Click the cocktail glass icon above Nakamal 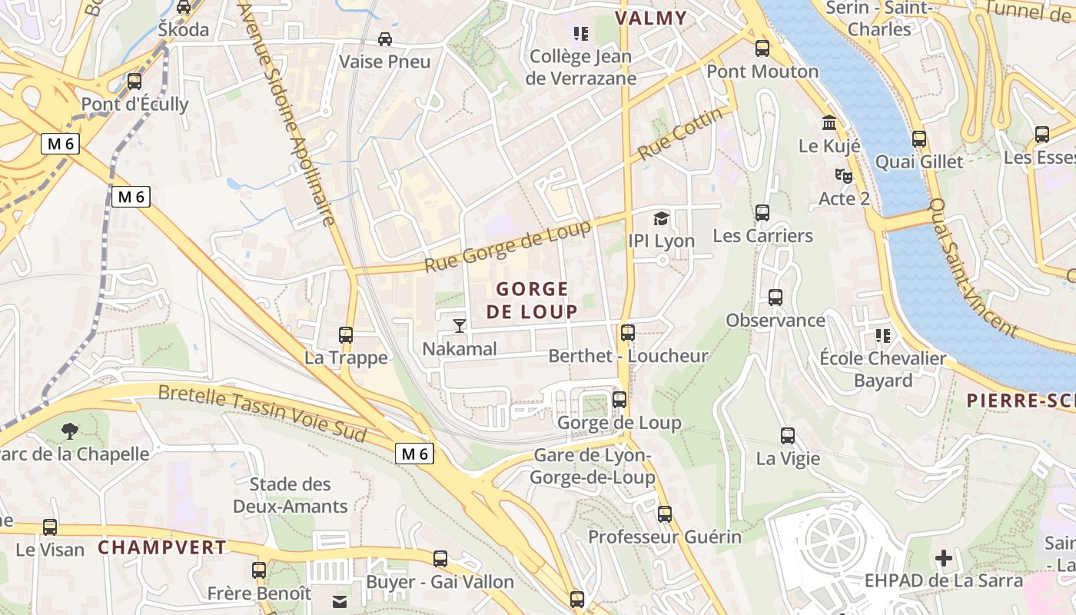click(460, 326)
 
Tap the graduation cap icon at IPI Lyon click(661, 219)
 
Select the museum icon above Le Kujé click(829, 123)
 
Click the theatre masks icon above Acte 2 click(844, 176)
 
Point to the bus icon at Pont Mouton click(762, 48)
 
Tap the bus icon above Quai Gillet click(919, 139)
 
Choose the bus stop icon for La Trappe click(346, 335)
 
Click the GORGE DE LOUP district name click(532, 301)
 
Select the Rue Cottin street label click(681, 134)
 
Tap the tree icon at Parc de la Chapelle click(70, 430)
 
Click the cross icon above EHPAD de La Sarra click(944, 558)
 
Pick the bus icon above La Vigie click(788, 436)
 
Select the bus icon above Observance click(775, 298)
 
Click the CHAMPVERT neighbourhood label click(162, 547)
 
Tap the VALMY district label click(650, 18)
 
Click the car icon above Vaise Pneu click(385, 38)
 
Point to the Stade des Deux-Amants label click(291, 495)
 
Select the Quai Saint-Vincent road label click(974, 266)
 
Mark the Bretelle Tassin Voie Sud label click(262, 413)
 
